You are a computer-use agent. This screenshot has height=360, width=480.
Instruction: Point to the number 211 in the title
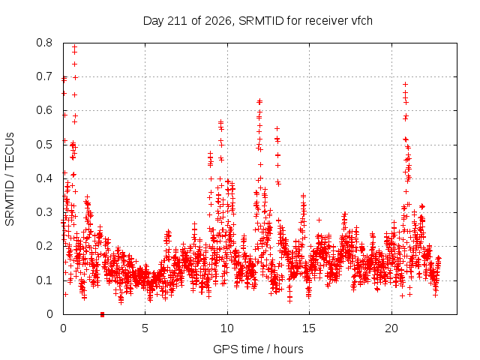point(178,21)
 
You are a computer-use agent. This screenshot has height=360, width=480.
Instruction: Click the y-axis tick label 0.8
point(44,43)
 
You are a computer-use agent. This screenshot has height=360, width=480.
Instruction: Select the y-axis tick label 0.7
point(44,76)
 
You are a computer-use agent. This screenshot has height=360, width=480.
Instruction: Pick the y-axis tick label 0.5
point(44,145)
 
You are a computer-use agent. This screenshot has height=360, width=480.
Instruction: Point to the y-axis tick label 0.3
point(44,212)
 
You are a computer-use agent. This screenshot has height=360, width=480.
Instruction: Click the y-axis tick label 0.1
point(44,280)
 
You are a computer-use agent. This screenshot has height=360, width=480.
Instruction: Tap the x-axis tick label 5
point(145,328)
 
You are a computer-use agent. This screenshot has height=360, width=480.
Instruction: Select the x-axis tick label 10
point(227,328)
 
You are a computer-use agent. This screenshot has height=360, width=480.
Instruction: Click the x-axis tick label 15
point(309,328)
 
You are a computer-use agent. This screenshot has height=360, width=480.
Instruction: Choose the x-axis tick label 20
point(391,328)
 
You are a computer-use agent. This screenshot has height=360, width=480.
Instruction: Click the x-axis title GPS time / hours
point(258,349)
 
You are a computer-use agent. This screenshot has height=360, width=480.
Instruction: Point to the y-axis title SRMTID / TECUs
point(10,179)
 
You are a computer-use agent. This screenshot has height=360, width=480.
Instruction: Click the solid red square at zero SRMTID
point(102,314)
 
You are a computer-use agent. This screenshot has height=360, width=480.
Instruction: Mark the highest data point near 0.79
point(74,47)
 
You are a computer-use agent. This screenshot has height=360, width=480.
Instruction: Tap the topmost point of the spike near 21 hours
point(405,84)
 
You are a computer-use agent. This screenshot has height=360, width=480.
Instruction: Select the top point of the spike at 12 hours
point(260,101)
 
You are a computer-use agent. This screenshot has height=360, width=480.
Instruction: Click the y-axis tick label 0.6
point(44,110)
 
